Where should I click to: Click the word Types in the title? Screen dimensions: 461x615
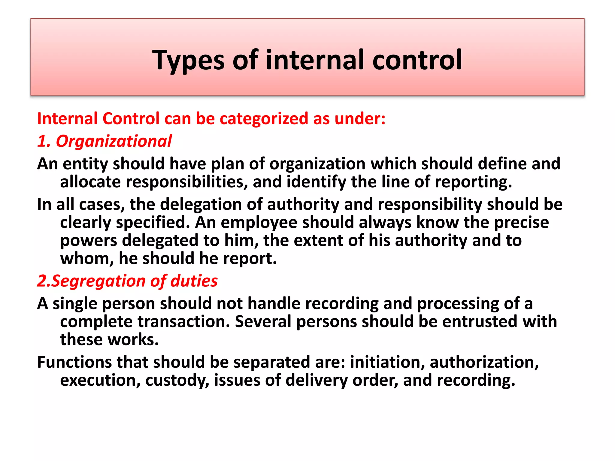click(188, 60)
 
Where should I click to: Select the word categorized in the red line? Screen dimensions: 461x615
click(264, 119)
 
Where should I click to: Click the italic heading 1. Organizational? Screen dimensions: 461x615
click(105, 141)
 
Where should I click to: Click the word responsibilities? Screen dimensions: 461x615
click(187, 182)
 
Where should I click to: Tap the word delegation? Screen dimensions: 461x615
click(201, 204)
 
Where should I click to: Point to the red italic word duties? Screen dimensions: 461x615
click(194, 281)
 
